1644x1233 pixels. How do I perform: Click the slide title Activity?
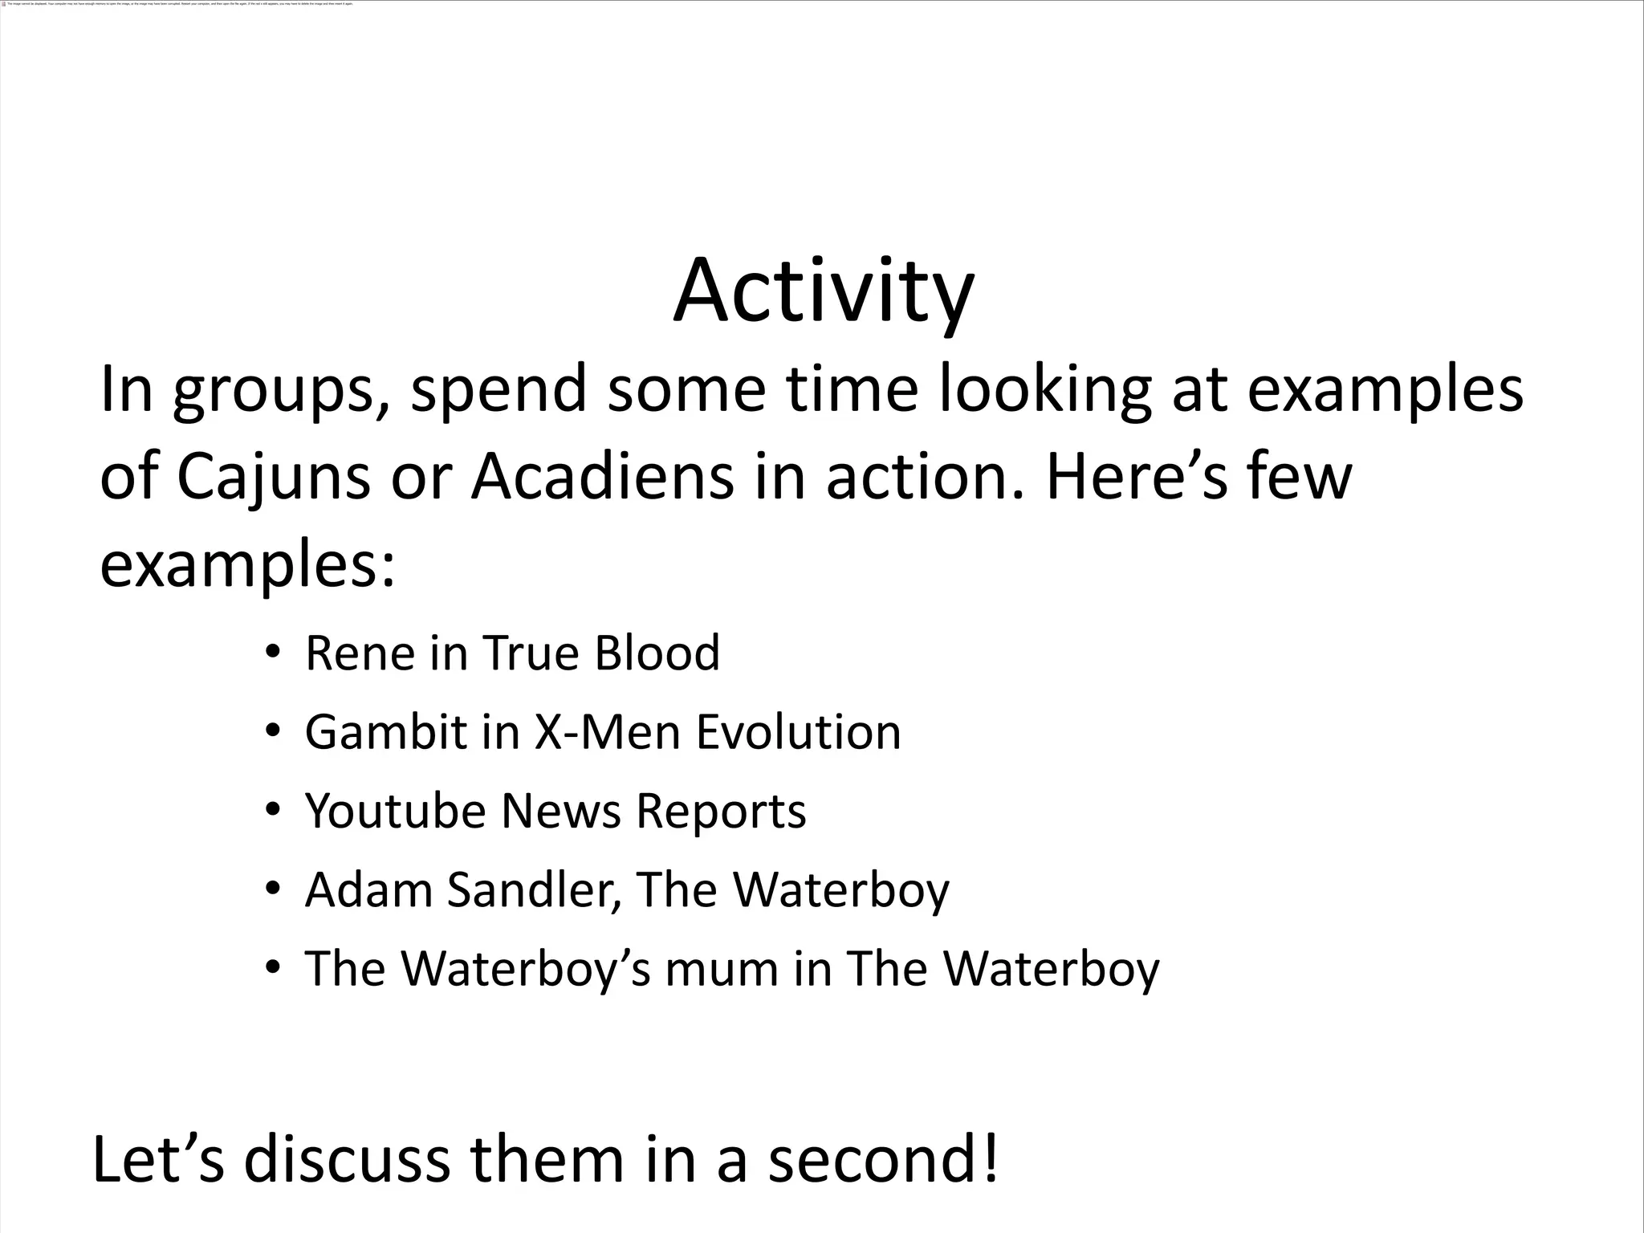(824, 291)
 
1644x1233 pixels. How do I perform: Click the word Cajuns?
(273, 477)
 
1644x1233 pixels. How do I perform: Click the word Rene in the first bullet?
(360, 653)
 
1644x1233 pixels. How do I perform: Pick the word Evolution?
(798, 732)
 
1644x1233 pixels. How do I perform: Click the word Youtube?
(396, 811)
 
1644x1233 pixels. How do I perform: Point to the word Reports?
(721, 812)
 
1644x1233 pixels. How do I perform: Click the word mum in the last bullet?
(722, 968)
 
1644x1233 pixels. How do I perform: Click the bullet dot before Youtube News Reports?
(272, 811)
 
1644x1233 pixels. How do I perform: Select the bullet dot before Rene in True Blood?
(272, 653)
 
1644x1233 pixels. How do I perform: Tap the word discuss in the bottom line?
(347, 1160)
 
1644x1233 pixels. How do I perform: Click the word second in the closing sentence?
(872, 1160)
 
